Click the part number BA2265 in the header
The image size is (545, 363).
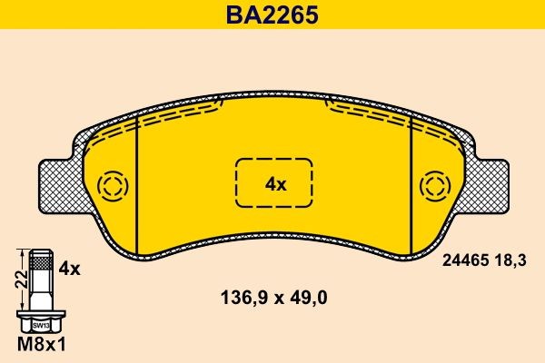click(273, 16)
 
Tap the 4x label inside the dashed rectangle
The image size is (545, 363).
click(274, 184)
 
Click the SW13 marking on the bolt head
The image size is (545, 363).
click(39, 325)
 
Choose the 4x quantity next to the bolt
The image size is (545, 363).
click(69, 269)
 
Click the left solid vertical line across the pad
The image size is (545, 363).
click(135, 186)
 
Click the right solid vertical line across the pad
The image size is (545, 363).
click(411, 186)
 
